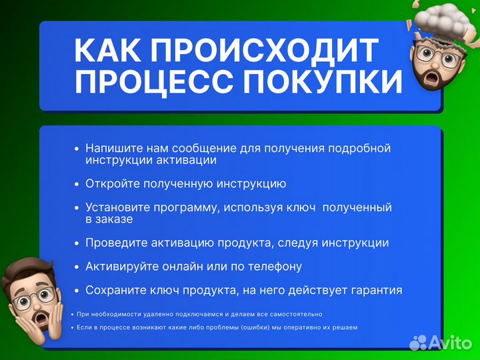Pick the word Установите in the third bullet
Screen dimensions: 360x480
tap(115, 207)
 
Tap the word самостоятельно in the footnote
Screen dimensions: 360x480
tap(292, 313)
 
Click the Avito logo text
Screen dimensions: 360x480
tap(450, 342)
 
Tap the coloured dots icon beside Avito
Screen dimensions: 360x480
tap(419, 342)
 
